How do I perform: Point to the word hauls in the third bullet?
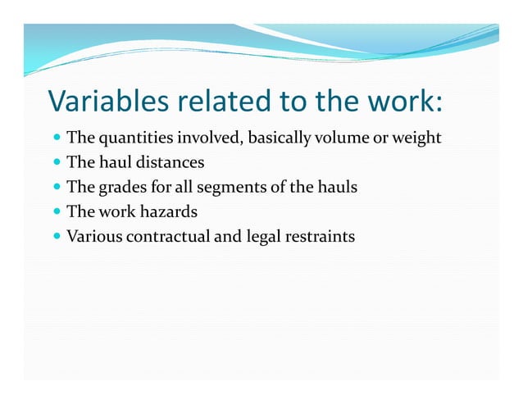pos(337,188)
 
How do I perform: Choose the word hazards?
pos(167,212)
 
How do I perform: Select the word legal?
pos(253,238)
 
